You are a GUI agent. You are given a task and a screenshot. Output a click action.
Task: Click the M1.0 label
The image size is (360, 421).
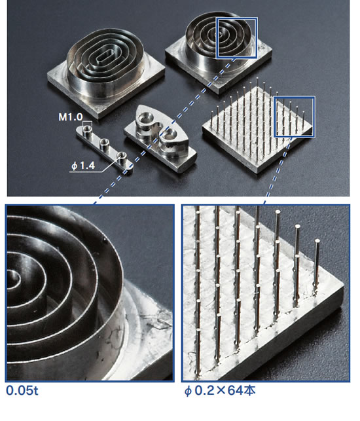tap(71, 117)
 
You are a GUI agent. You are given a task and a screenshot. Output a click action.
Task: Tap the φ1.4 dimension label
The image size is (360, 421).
tap(83, 166)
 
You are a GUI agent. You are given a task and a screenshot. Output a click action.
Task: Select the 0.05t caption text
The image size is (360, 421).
tap(22, 391)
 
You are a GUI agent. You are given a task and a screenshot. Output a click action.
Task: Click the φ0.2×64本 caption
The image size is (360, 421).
tap(220, 391)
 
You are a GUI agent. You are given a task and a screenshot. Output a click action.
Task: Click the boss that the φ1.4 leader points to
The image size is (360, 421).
tap(122, 156)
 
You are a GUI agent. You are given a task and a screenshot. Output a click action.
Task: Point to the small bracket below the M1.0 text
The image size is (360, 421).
tap(87, 122)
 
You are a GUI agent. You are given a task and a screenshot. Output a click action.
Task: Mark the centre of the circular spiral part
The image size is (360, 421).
tap(219, 34)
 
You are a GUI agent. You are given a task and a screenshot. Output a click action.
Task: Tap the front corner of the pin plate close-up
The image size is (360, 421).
tap(344, 285)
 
